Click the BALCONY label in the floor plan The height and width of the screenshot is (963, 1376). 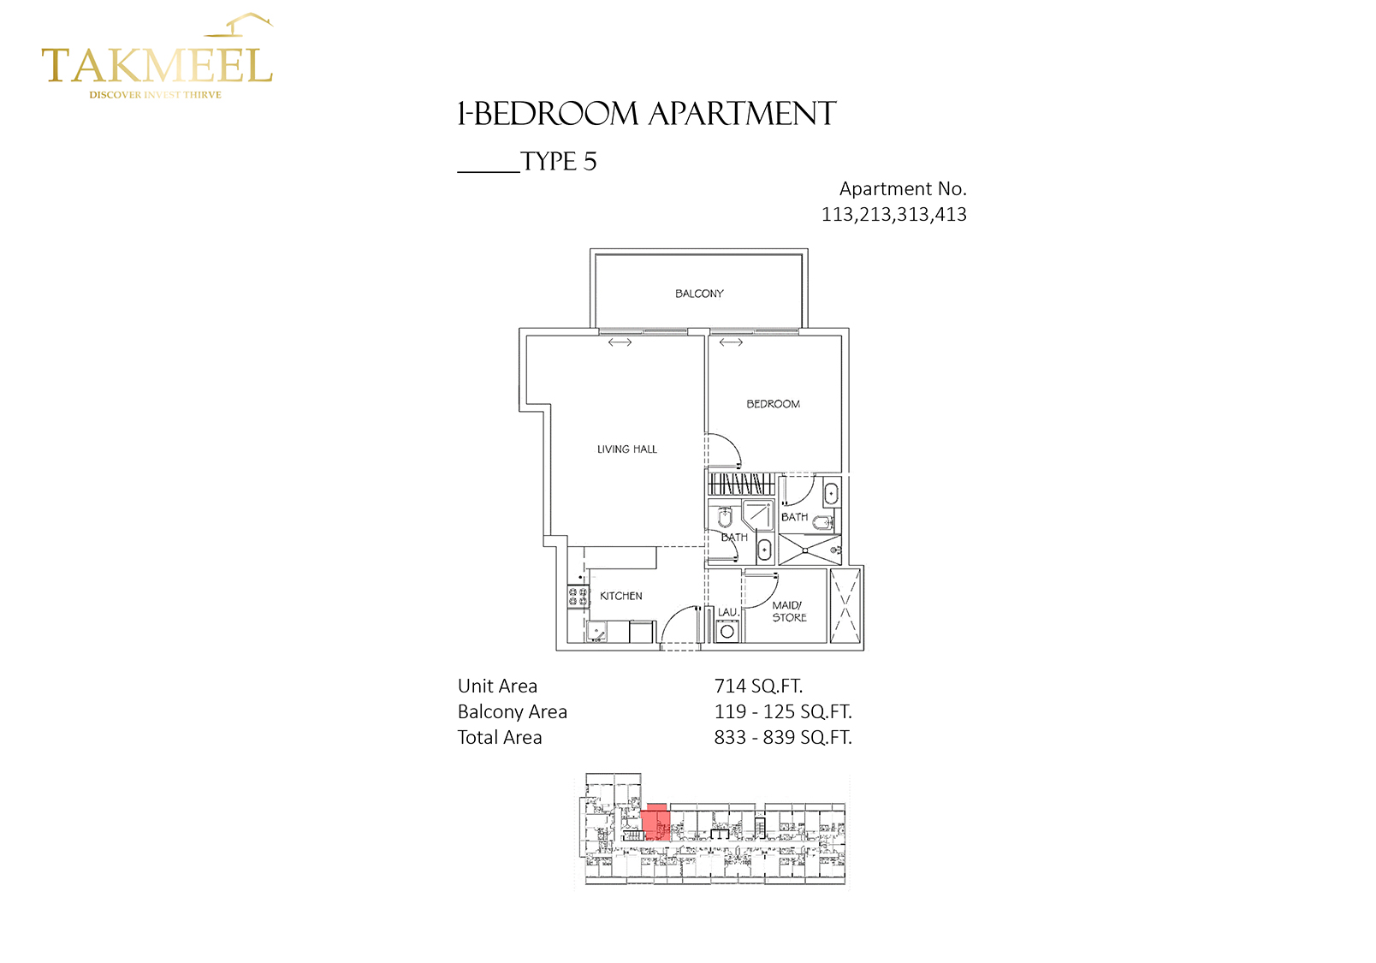pyautogui.click(x=699, y=294)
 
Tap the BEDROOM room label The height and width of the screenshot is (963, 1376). pyautogui.click(x=773, y=404)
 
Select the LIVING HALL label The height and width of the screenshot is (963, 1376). pyautogui.click(x=626, y=449)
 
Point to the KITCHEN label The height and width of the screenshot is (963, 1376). pyautogui.click(x=620, y=596)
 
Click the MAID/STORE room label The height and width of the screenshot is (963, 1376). pyautogui.click(x=789, y=611)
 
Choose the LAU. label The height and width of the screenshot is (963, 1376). pyautogui.click(x=728, y=612)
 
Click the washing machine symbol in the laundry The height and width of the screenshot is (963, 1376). pyautogui.click(x=727, y=631)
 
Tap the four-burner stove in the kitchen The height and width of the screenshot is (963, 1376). pyautogui.click(x=578, y=596)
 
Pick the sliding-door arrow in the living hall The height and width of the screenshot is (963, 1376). pyautogui.click(x=620, y=343)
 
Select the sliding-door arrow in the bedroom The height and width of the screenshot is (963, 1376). pyautogui.click(x=731, y=343)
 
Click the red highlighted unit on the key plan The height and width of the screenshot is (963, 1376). pyautogui.click(x=655, y=822)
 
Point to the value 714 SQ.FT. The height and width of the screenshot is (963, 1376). pyautogui.click(x=758, y=686)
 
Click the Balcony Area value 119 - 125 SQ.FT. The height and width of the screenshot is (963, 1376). pyautogui.click(x=783, y=711)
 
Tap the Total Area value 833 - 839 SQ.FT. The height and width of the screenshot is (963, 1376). pyautogui.click(x=783, y=738)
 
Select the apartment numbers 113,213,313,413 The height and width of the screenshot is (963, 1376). pyautogui.click(x=893, y=215)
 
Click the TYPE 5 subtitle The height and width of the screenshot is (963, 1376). pyautogui.click(x=559, y=162)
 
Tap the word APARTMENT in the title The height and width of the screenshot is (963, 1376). pyautogui.click(x=742, y=114)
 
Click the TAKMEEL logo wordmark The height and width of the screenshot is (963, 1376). pyautogui.click(x=157, y=65)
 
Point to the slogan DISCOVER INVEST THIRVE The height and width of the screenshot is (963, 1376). pyautogui.click(x=156, y=95)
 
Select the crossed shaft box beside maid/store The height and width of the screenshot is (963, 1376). pyautogui.click(x=845, y=606)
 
